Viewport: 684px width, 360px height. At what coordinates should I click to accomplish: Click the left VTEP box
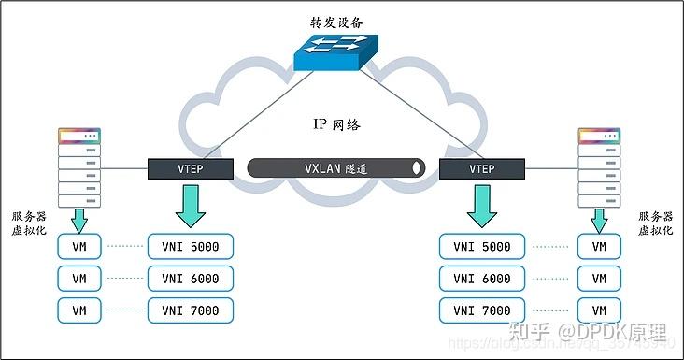[190, 169]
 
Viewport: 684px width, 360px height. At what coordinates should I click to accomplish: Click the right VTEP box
[481, 169]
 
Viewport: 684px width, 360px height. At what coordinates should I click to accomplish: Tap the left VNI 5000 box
[190, 247]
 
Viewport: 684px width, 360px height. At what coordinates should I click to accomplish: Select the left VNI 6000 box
[190, 279]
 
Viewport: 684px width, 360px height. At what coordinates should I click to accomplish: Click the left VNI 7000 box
[190, 310]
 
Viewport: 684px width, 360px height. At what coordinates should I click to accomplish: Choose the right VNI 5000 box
[482, 247]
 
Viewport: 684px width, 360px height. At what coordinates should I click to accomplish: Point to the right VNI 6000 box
[482, 279]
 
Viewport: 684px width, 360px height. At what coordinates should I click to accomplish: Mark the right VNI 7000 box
[482, 310]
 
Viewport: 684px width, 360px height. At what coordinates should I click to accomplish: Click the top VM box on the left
[79, 247]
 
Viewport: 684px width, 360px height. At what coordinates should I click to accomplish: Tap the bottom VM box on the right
[599, 310]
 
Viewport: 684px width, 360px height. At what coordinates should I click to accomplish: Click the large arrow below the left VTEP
[191, 207]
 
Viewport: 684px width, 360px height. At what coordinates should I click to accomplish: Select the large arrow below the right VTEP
[482, 207]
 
